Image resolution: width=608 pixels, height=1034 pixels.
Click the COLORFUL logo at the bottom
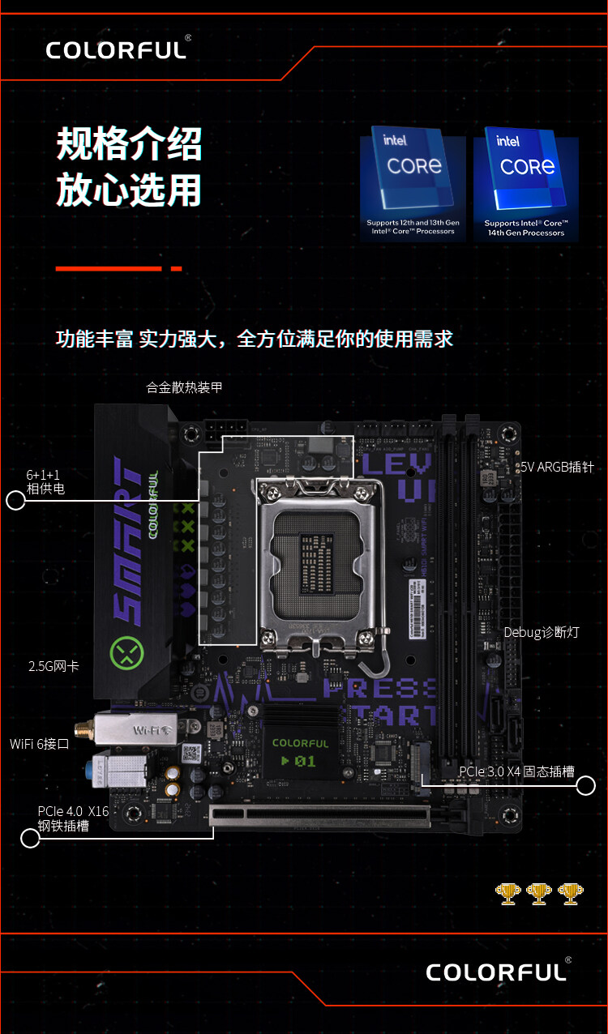click(x=496, y=971)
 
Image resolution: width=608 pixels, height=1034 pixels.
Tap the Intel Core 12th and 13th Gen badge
click(x=413, y=183)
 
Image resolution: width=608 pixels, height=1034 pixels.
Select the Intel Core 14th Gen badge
click(x=531, y=183)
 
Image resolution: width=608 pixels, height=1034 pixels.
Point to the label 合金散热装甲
click(x=184, y=387)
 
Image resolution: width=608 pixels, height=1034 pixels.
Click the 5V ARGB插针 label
click(x=557, y=467)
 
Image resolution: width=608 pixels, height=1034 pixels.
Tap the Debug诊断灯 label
click(x=542, y=632)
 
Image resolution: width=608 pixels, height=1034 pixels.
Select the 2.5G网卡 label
click(x=54, y=666)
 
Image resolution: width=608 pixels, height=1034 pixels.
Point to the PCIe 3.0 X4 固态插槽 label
click(x=516, y=771)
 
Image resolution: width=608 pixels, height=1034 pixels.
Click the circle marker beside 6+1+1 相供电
click(x=15, y=501)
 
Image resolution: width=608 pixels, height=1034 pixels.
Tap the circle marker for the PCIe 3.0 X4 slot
click(x=586, y=785)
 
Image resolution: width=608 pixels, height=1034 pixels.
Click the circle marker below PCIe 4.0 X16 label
click(x=30, y=838)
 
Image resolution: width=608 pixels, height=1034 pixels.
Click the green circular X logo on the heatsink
click(x=126, y=652)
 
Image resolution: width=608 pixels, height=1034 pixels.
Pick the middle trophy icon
click(x=538, y=893)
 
